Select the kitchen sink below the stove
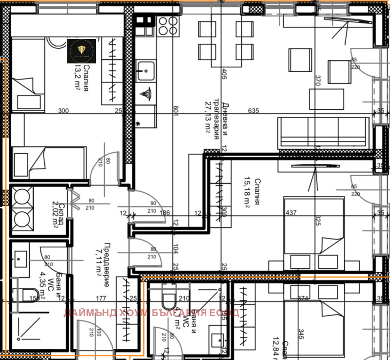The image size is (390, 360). click(x=145, y=71)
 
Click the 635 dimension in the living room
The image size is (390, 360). click(x=253, y=111)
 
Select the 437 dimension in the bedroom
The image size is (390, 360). click(x=292, y=213)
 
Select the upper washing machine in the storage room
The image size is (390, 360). click(x=22, y=197)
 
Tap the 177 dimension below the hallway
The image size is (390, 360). click(x=101, y=299)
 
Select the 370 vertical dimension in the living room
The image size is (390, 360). click(x=318, y=81)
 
